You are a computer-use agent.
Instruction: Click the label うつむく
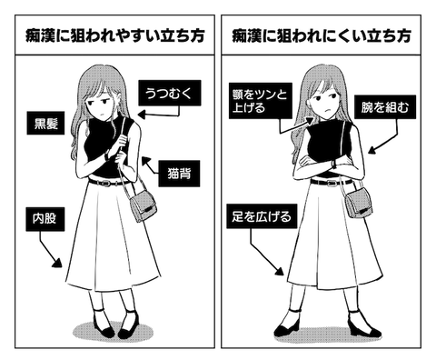tap(170, 93)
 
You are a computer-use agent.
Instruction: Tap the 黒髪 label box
tap(45, 123)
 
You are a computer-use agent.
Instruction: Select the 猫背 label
tap(179, 174)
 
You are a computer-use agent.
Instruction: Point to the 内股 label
tap(45, 219)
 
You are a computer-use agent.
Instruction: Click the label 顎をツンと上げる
tap(261, 101)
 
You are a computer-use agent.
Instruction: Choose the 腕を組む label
tap(385, 107)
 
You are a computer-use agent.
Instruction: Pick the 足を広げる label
tap(262, 216)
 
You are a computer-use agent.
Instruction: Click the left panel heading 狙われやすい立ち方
tap(114, 36)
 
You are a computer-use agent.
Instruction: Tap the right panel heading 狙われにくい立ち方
tap(322, 36)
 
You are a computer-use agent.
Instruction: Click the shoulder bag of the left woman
tap(143, 205)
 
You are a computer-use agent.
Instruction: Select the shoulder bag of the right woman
tap(359, 202)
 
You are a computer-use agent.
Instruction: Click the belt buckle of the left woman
tap(106, 183)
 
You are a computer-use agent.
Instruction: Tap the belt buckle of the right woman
tap(332, 183)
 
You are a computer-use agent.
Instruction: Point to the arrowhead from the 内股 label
tap(58, 263)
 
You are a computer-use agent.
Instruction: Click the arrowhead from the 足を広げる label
tap(279, 271)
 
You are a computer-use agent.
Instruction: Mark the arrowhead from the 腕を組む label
tap(372, 150)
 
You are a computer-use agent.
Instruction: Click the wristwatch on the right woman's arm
tap(334, 164)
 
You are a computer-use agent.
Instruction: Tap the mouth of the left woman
tap(103, 115)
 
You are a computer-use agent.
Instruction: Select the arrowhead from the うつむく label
tap(142, 115)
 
